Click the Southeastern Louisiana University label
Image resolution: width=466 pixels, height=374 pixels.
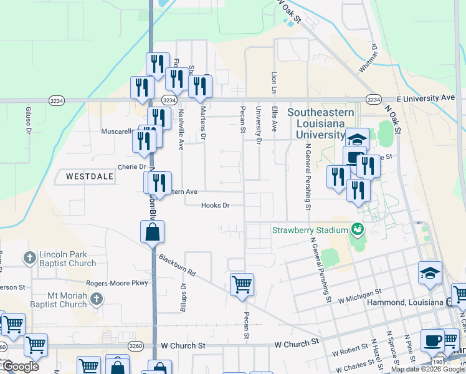coord(320,123)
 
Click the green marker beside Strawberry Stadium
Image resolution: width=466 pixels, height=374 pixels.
coord(358,230)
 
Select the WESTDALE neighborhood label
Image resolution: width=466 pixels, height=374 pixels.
coord(90,177)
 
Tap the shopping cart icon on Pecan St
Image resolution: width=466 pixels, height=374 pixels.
coord(242,285)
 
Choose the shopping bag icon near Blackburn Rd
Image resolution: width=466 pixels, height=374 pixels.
coord(152,233)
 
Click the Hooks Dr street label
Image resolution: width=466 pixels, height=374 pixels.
coord(216,205)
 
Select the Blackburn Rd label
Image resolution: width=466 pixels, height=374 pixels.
coord(177,264)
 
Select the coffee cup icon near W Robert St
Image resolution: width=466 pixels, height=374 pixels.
coord(432,340)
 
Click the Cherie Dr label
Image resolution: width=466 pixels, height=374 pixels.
coord(131,167)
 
